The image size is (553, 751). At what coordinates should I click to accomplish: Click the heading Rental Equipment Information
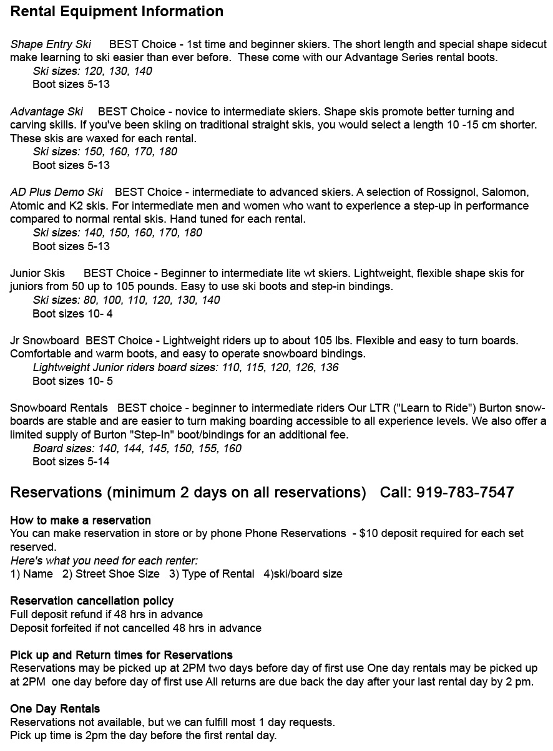point(117,11)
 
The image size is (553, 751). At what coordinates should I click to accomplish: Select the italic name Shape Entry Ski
point(51,44)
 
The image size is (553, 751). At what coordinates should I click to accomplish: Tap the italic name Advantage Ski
point(47,112)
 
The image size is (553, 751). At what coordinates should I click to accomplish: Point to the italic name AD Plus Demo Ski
point(57,192)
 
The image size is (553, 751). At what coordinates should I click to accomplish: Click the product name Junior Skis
point(37,273)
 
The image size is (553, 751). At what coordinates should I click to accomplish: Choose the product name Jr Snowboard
point(44,341)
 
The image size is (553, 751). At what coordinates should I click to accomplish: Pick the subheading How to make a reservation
point(81,520)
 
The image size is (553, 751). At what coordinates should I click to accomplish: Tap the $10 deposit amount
point(372,533)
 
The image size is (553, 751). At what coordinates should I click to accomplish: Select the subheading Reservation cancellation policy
point(92,601)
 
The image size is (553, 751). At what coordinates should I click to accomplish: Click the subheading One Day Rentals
point(55,709)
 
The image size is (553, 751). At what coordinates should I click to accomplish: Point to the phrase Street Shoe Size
point(117,574)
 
